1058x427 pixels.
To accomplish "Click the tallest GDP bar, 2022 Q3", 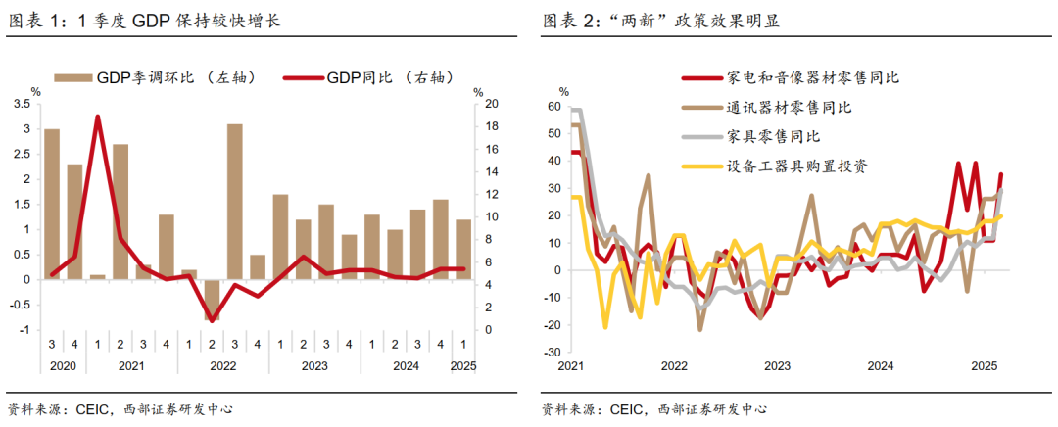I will pyautogui.click(x=235, y=201).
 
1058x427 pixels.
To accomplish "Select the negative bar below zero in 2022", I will pyautogui.click(x=213, y=300).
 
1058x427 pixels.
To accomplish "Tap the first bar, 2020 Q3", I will pyautogui.click(x=52, y=204).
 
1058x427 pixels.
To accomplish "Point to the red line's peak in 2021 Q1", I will pyautogui.click(x=98, y=117).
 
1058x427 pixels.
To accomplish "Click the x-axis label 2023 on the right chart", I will pyautogui.click(x=777, y=366).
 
